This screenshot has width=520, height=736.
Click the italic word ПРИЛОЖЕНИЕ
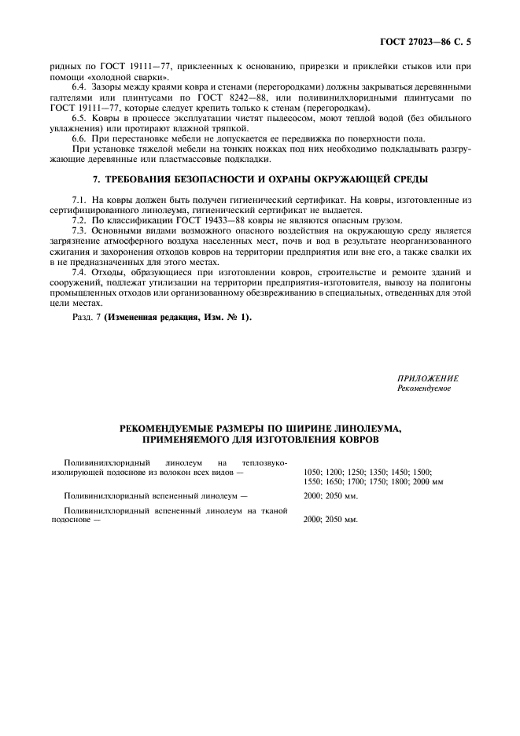click(427, 379)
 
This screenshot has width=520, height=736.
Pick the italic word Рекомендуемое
click(424, 388)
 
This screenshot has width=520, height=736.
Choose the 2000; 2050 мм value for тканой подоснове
click(330, 520)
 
